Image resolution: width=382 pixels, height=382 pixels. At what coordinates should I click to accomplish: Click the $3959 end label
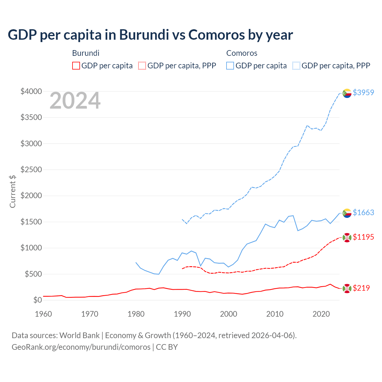(363, 93)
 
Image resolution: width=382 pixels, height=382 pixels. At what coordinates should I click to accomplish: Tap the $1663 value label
(363, 212)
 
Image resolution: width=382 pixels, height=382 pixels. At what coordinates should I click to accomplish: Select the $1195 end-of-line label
(363, 237)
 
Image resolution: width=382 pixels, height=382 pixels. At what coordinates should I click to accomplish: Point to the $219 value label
(361, 288)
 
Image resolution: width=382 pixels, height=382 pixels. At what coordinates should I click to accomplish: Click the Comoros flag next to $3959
(347, 93)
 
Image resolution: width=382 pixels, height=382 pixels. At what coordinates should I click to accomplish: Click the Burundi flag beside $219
(347, 288)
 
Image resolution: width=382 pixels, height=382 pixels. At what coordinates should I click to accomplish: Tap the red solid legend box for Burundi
(76, 66)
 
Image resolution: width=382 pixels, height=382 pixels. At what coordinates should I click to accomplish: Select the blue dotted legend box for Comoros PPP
(296, 66)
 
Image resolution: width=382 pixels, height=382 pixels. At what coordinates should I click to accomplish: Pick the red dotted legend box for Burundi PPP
(142, 66)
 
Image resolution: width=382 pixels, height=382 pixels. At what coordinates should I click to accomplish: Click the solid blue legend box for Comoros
(230, 66)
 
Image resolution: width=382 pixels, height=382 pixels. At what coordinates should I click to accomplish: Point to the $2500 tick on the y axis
(31, 170)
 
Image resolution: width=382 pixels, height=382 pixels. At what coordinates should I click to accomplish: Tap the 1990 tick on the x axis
(182, 314)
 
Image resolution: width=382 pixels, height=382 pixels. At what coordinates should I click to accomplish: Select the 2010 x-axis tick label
(275, 314)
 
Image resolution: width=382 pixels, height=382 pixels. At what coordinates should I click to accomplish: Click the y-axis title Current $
(13, 191)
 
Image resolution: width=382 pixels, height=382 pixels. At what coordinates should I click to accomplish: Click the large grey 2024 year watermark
(75, 101)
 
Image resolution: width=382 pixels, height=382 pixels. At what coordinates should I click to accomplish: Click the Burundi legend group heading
(86, 53)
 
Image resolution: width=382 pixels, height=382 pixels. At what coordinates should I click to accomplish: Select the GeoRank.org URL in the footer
(81, 347)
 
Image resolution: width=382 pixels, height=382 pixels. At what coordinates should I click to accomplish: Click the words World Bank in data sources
(79, 335)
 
